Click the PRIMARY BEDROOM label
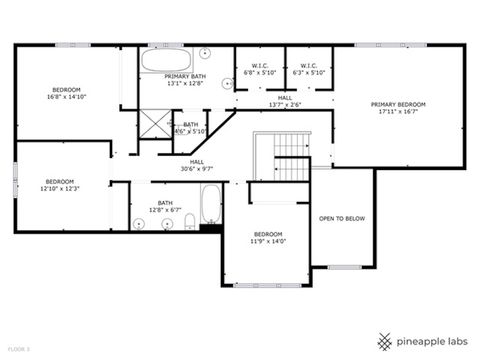(x=398, y=104)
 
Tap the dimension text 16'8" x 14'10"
(x=66, y=97)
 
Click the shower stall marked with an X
(x=155, y=126)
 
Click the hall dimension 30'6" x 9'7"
(x=197, y=169)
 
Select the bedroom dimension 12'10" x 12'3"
(x=59, y=188)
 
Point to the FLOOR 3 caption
(x=18, y=349)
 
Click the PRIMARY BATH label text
(x=185, y=77)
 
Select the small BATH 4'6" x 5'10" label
(x=190, y=128)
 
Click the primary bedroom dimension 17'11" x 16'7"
(x=398, y=112)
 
